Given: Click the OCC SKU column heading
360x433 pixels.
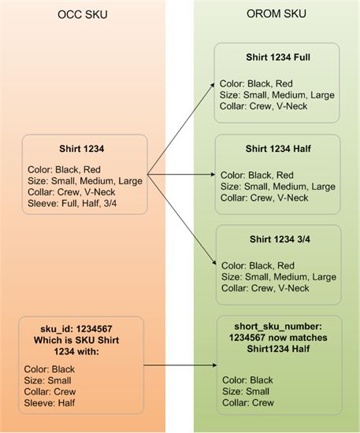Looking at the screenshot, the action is click(83, 15).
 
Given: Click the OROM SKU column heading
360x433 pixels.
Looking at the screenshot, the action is click(276, 13).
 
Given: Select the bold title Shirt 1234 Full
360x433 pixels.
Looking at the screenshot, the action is click(278, 57).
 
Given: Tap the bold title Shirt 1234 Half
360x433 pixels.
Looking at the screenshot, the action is click(278, 149).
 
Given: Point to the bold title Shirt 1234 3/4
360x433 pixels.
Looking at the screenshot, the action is click(280, 239).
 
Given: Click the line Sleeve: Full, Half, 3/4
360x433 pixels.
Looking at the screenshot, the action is click(72, 204).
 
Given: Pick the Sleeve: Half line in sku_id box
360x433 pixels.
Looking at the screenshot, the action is click(50, 403).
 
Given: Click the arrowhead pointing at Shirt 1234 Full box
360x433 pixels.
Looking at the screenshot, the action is click(213, 85).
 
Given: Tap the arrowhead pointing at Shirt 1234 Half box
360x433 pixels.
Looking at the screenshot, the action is click(213, 174).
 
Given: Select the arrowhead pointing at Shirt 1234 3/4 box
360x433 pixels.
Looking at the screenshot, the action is click(213, 262).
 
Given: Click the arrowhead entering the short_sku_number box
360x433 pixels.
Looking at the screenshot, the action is click(215, 365).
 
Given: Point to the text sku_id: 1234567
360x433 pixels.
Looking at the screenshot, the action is click(76, 329).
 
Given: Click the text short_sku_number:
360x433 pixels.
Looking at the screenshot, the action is click(278, 327).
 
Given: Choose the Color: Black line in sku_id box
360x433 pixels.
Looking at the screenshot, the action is click(50, 369).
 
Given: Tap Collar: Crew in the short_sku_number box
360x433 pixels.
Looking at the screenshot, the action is click(248, 402).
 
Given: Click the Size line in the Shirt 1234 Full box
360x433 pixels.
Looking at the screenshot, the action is click(277, 95).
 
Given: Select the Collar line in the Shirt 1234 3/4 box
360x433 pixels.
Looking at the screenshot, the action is click(265, 288).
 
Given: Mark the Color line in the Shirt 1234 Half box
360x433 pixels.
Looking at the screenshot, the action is click(257, 175).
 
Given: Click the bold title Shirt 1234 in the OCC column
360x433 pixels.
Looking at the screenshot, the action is click(81, 149).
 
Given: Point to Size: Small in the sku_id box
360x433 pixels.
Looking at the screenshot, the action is click(47, 380).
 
